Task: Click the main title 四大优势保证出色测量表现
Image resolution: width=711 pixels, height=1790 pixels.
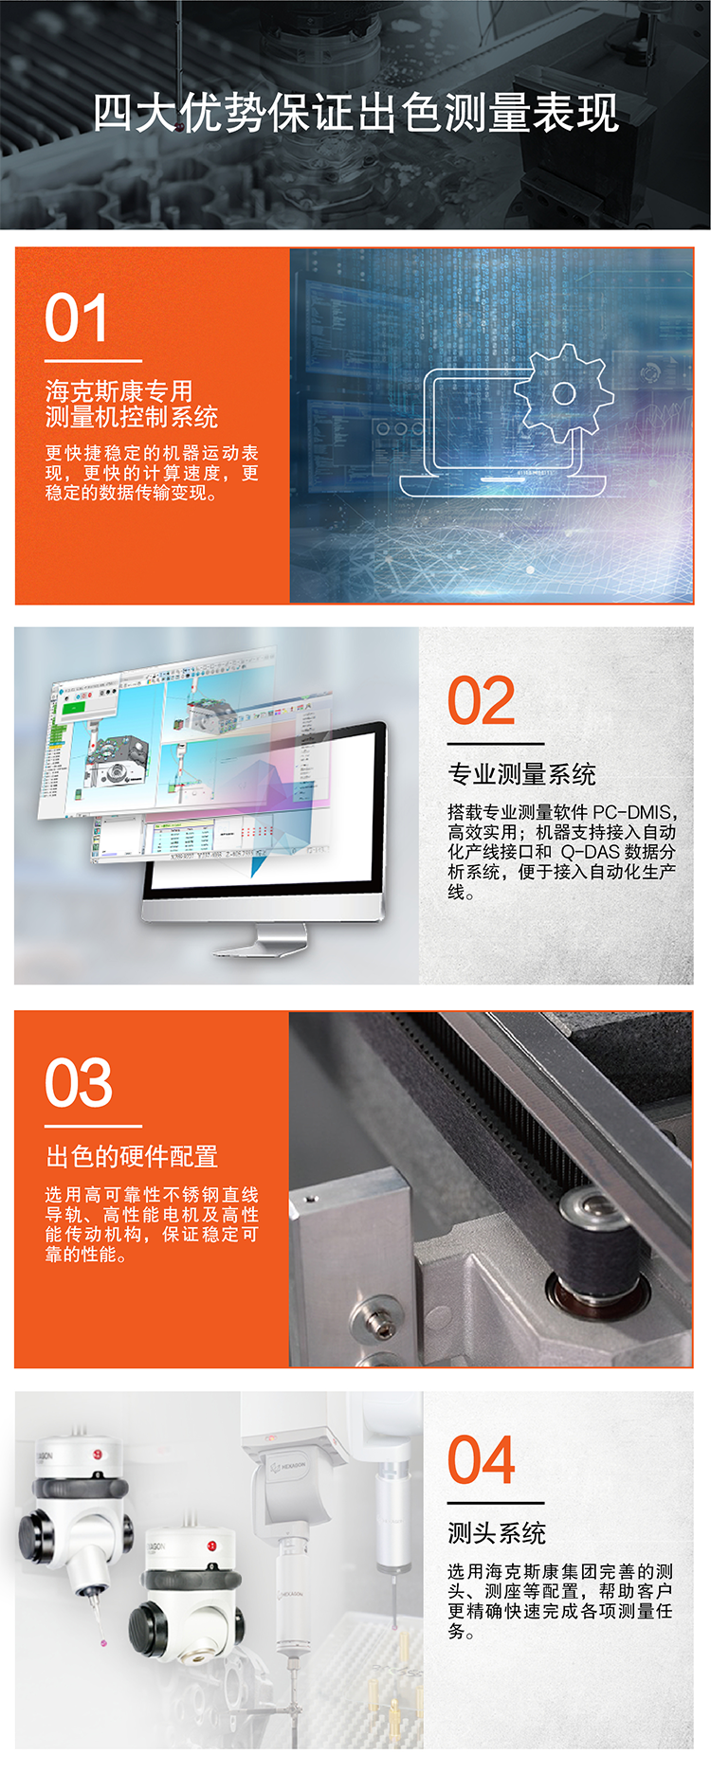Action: [x=355, y=114]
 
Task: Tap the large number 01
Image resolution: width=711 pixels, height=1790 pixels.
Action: [x=76, y=318]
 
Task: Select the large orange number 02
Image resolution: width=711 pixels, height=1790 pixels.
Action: [x=482, y=701]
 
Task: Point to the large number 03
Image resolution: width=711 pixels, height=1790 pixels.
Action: [x=79, y=1082]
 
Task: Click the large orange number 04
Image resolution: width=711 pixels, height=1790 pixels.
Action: [x=482, y=1460]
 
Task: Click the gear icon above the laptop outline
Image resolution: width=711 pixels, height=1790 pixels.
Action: [x=563, y=392]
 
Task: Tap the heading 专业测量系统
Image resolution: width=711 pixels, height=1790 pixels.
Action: [x=521, y=774]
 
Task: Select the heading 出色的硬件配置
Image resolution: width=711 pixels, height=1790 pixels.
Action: [x=132, y=1156]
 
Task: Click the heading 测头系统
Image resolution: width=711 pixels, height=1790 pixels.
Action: [x=497, y=1532]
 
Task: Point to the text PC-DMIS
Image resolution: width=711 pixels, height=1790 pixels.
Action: [x=632, y=812]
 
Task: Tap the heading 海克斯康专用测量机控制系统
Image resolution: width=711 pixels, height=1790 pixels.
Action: [x=131, y=404]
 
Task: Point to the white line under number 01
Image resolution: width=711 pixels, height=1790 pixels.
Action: [x=93, y=361]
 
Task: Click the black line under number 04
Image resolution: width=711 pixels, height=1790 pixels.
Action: [x=496, y=1503]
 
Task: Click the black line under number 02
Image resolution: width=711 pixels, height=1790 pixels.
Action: [x=496, y=744]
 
